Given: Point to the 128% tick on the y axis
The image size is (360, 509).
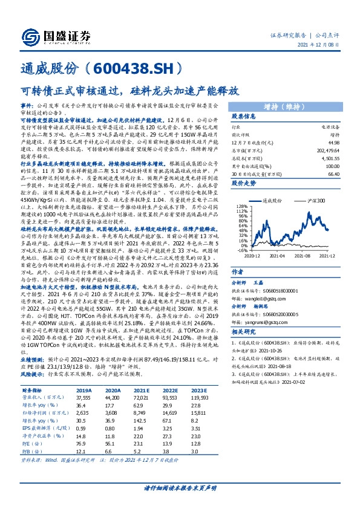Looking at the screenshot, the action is click(x=241, y=189).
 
